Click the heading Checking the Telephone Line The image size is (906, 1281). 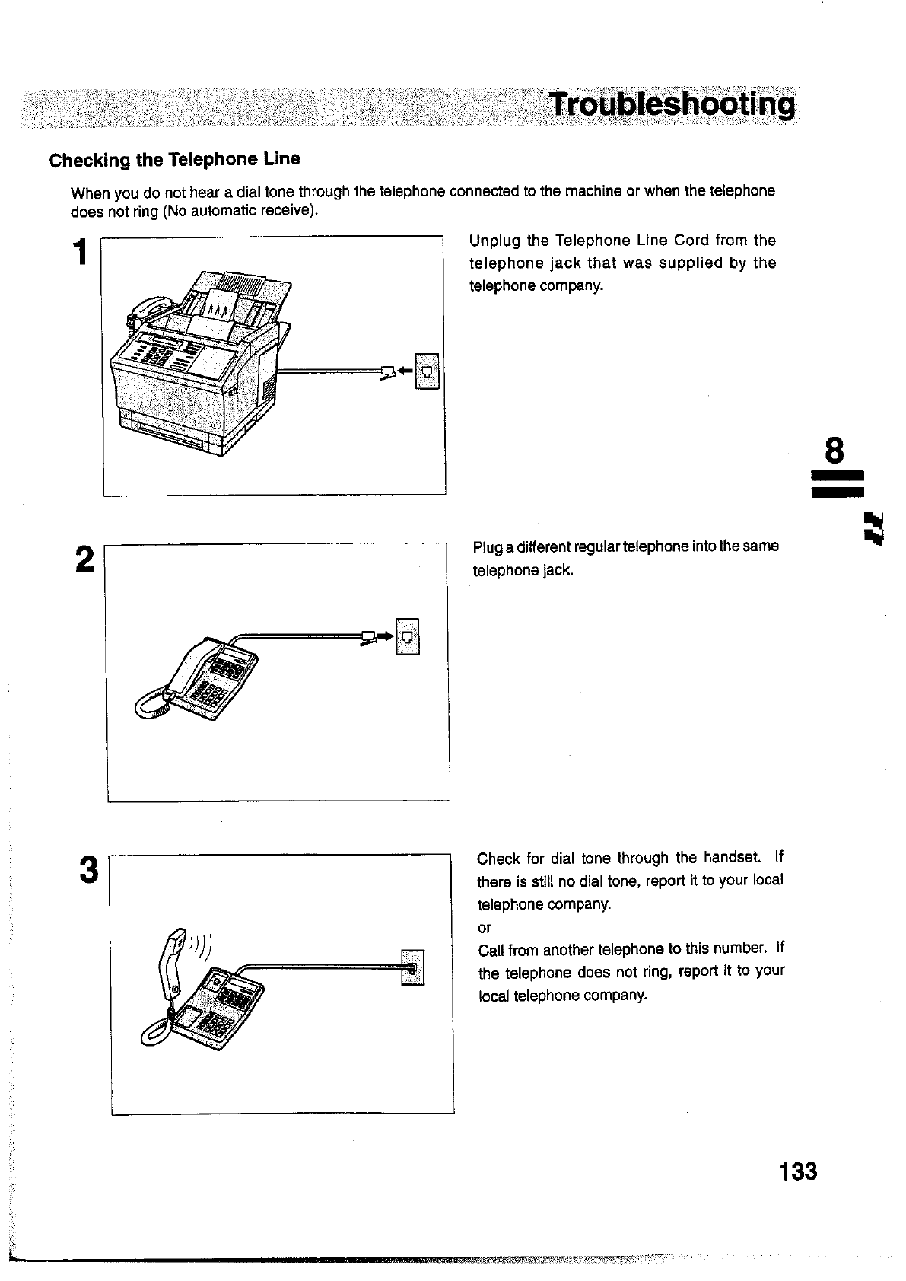pos(174,160)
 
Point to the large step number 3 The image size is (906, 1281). pos(88,870)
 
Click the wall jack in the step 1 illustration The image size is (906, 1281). pos(428,371)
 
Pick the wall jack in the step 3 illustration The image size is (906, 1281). pos(412,967)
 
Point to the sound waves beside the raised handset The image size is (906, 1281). pos(202,946)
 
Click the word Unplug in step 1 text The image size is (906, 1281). pos(494,241)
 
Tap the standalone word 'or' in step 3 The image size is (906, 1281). pos(485,928)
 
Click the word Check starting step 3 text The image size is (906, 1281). pos(498,859)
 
